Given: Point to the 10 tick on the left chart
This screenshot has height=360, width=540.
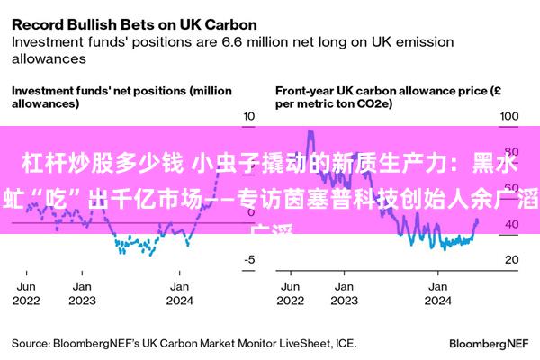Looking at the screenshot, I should coord(250,117).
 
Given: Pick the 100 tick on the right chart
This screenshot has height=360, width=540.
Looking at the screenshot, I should coord(510,117).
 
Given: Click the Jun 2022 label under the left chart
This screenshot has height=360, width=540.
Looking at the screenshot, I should coord(28,293).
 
